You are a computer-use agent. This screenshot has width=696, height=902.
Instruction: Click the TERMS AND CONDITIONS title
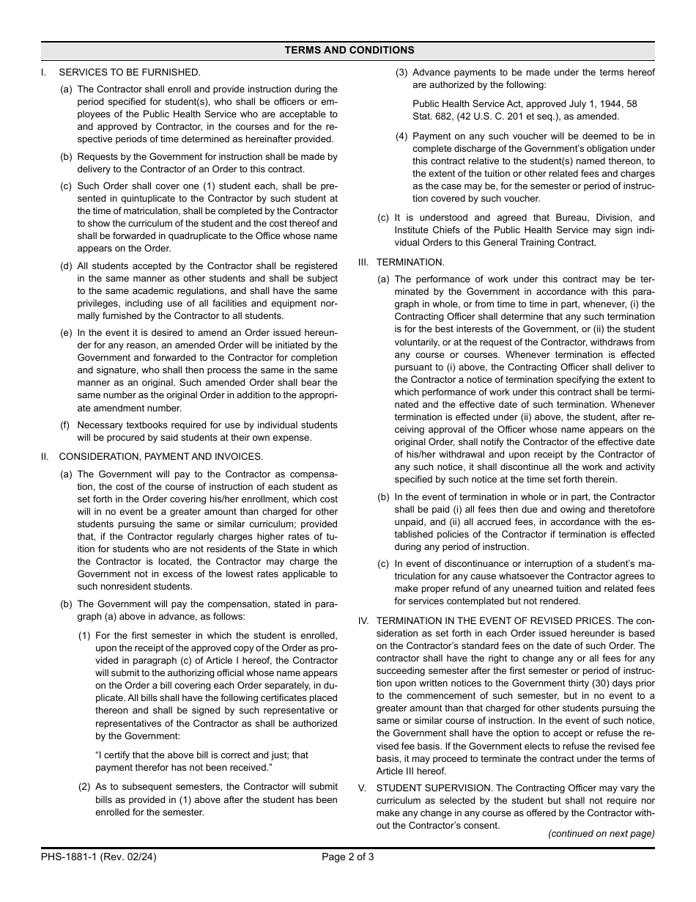tap(349, 51)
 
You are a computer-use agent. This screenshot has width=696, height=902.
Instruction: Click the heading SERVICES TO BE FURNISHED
tap(129, 72)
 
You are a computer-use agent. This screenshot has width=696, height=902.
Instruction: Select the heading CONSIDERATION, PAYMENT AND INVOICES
tap(160, 456)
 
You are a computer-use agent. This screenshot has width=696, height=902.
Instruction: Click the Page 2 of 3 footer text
tap(348, 857)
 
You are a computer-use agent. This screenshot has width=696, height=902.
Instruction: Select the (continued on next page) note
tap(601, 834)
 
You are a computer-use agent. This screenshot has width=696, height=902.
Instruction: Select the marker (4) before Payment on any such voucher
tap(401, 136)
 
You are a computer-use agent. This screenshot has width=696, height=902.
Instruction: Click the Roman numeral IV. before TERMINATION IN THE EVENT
tap(363, 621)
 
